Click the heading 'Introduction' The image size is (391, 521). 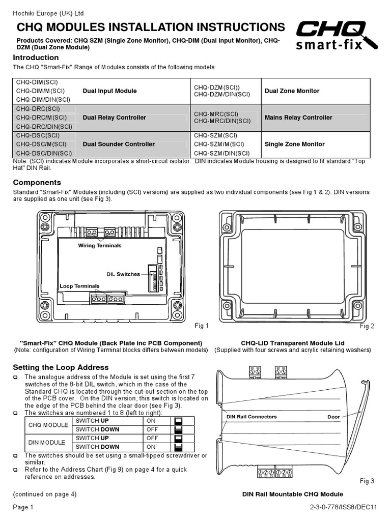tap(36, 57)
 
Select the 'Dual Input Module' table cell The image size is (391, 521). tap(109, 91)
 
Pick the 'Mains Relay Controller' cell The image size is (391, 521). tap(298, 118)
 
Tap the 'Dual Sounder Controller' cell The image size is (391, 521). tap(119, 144)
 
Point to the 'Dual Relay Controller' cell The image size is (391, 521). tap(114, 118)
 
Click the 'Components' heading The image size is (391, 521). tap(37, 182)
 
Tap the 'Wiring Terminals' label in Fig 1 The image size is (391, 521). tap(99, 246)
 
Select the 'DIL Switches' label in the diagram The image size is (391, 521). tap(123, 274)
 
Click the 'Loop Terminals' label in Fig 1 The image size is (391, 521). tap(79, 286)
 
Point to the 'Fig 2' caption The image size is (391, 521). tap(367, 326)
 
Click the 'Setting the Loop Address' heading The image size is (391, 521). tap(61, 367)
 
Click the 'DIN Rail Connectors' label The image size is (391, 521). tap(252, 417)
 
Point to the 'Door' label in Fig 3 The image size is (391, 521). tap(333, 417)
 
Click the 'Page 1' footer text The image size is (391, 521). tap(23, 507)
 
